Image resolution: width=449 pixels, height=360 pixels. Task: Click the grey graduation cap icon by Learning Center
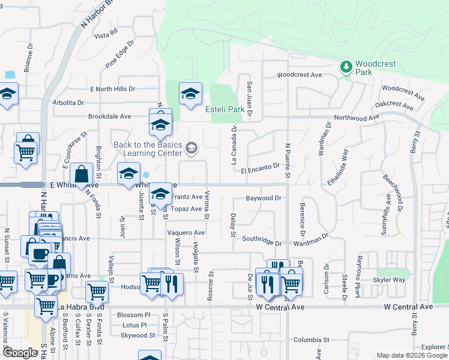(191, 148)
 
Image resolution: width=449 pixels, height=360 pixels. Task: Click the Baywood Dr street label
(264, 198)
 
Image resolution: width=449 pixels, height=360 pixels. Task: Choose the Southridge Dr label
(262, 240)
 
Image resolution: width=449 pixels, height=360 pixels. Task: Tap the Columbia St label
(312, 340)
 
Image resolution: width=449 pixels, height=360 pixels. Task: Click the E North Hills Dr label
(113, 89)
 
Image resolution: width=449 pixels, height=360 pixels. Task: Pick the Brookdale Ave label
(109, 116)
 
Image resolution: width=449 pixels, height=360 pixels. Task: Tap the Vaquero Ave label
(186, 233)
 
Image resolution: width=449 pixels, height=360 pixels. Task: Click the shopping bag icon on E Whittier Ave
(82, 175)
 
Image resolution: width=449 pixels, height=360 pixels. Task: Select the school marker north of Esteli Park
(190, 94)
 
